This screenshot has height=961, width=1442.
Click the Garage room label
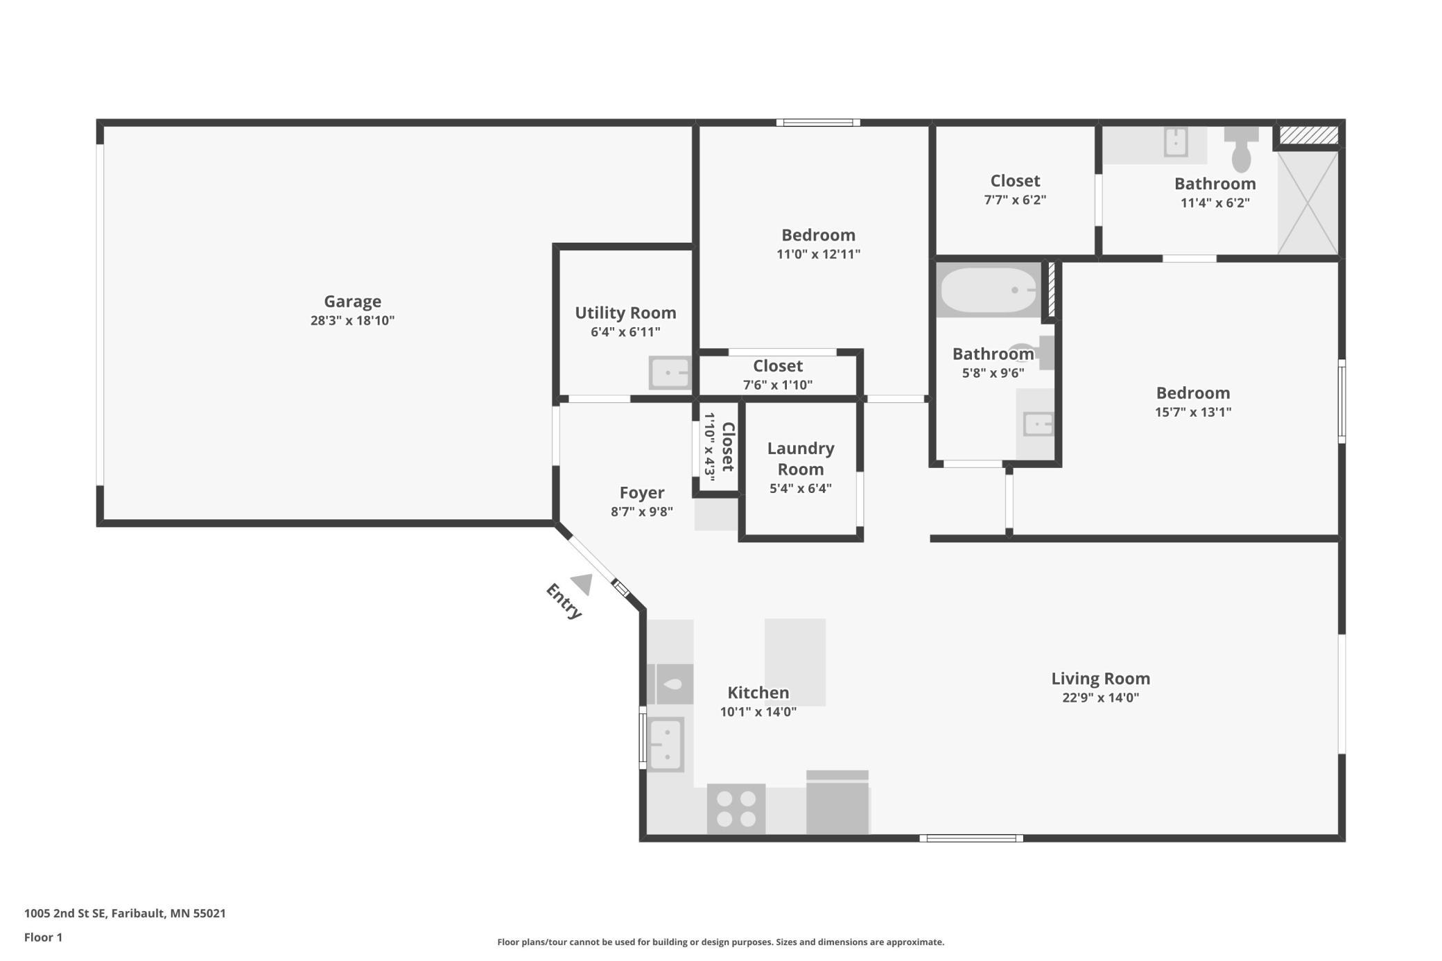click(352, 302)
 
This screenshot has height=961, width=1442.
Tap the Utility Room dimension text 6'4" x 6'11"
click(625, 332)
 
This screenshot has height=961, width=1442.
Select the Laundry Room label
click(801, 459)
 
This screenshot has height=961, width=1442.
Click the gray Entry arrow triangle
click(583, 584)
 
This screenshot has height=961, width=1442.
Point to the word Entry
click(564, 601)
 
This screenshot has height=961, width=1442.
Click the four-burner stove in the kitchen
click(736, 808)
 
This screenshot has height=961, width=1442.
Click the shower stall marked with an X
click(1308, 202)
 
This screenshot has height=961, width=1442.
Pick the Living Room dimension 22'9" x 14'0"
click(1101, 698)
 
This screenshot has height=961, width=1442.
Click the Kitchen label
click(758, 693)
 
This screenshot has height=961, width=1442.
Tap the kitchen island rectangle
click(795, 662)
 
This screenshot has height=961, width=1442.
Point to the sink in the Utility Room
click(670, 373)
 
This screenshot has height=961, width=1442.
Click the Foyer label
click(642, 493)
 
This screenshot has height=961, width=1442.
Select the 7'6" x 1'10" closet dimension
click(778, 386)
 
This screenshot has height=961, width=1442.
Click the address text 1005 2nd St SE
click(66, 913)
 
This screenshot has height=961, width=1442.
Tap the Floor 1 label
click(43, 937)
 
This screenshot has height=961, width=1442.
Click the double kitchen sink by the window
click(666, 745)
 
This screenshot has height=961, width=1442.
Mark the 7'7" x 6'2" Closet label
click(1015, 181)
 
